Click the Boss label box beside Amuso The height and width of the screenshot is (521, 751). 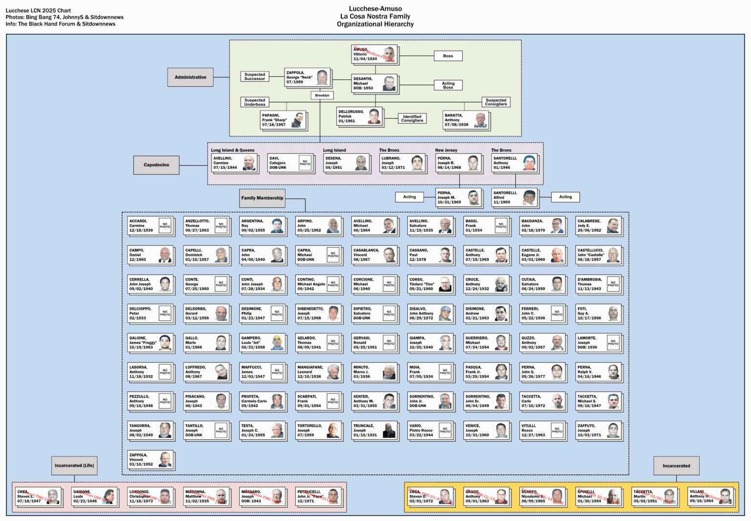tap(448, 56)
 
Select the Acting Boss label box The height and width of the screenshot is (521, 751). tap(448, 85)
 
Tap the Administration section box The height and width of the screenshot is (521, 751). tap(190, 77)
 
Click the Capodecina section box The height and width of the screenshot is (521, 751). tap(156, 165)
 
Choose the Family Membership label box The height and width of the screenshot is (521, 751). tap(262, 198)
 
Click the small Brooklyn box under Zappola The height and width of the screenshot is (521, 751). tap(322, 95)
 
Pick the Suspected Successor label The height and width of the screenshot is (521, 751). tap(255, 77)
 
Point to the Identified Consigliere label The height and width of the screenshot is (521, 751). tap(412, 118)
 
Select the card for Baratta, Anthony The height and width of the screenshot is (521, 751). tap(465, 120)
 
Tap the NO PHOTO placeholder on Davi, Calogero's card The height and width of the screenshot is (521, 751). tap(305, 163)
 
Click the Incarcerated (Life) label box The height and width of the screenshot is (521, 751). tap(74, 466)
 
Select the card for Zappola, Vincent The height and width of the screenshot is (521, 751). tap(151, 460)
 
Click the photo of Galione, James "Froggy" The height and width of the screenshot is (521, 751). tap(165, 342)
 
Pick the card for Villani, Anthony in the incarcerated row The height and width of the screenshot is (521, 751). tap(711, 497)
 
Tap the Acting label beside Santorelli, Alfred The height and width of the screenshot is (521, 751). tap(565, 197)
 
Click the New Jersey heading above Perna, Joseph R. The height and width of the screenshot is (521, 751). tap(446, 150)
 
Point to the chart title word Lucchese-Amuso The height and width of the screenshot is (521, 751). tap(375, 9)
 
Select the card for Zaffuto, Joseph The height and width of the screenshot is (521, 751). tap(598, 430)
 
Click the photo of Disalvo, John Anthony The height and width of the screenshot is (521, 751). tap(445, 313)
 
